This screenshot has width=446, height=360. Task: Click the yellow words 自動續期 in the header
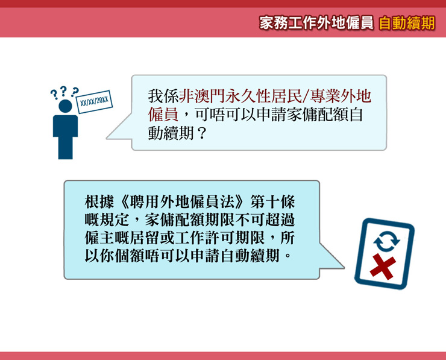point(407,23)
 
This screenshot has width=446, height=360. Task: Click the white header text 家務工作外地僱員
point(316,23)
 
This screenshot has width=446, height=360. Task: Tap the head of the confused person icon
point(66,106)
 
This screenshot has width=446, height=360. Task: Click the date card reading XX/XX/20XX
point(94,102)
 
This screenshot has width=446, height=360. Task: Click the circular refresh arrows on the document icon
point(386,241)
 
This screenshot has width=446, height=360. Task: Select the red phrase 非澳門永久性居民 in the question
point(240,96)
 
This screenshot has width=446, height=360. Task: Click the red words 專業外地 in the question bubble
point(341,96)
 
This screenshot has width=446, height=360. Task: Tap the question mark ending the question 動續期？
point(202,133)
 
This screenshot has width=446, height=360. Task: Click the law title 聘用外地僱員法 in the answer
point(181,203)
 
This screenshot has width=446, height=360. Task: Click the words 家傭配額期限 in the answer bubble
point(189,220)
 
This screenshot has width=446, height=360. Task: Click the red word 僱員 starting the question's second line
point(163,115)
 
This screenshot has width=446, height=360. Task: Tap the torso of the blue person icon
point(66,126)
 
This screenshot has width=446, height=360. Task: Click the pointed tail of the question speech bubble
point(107,139)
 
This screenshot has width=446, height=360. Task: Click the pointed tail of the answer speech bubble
point(344,268)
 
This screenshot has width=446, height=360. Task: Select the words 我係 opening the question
point(163,96)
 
